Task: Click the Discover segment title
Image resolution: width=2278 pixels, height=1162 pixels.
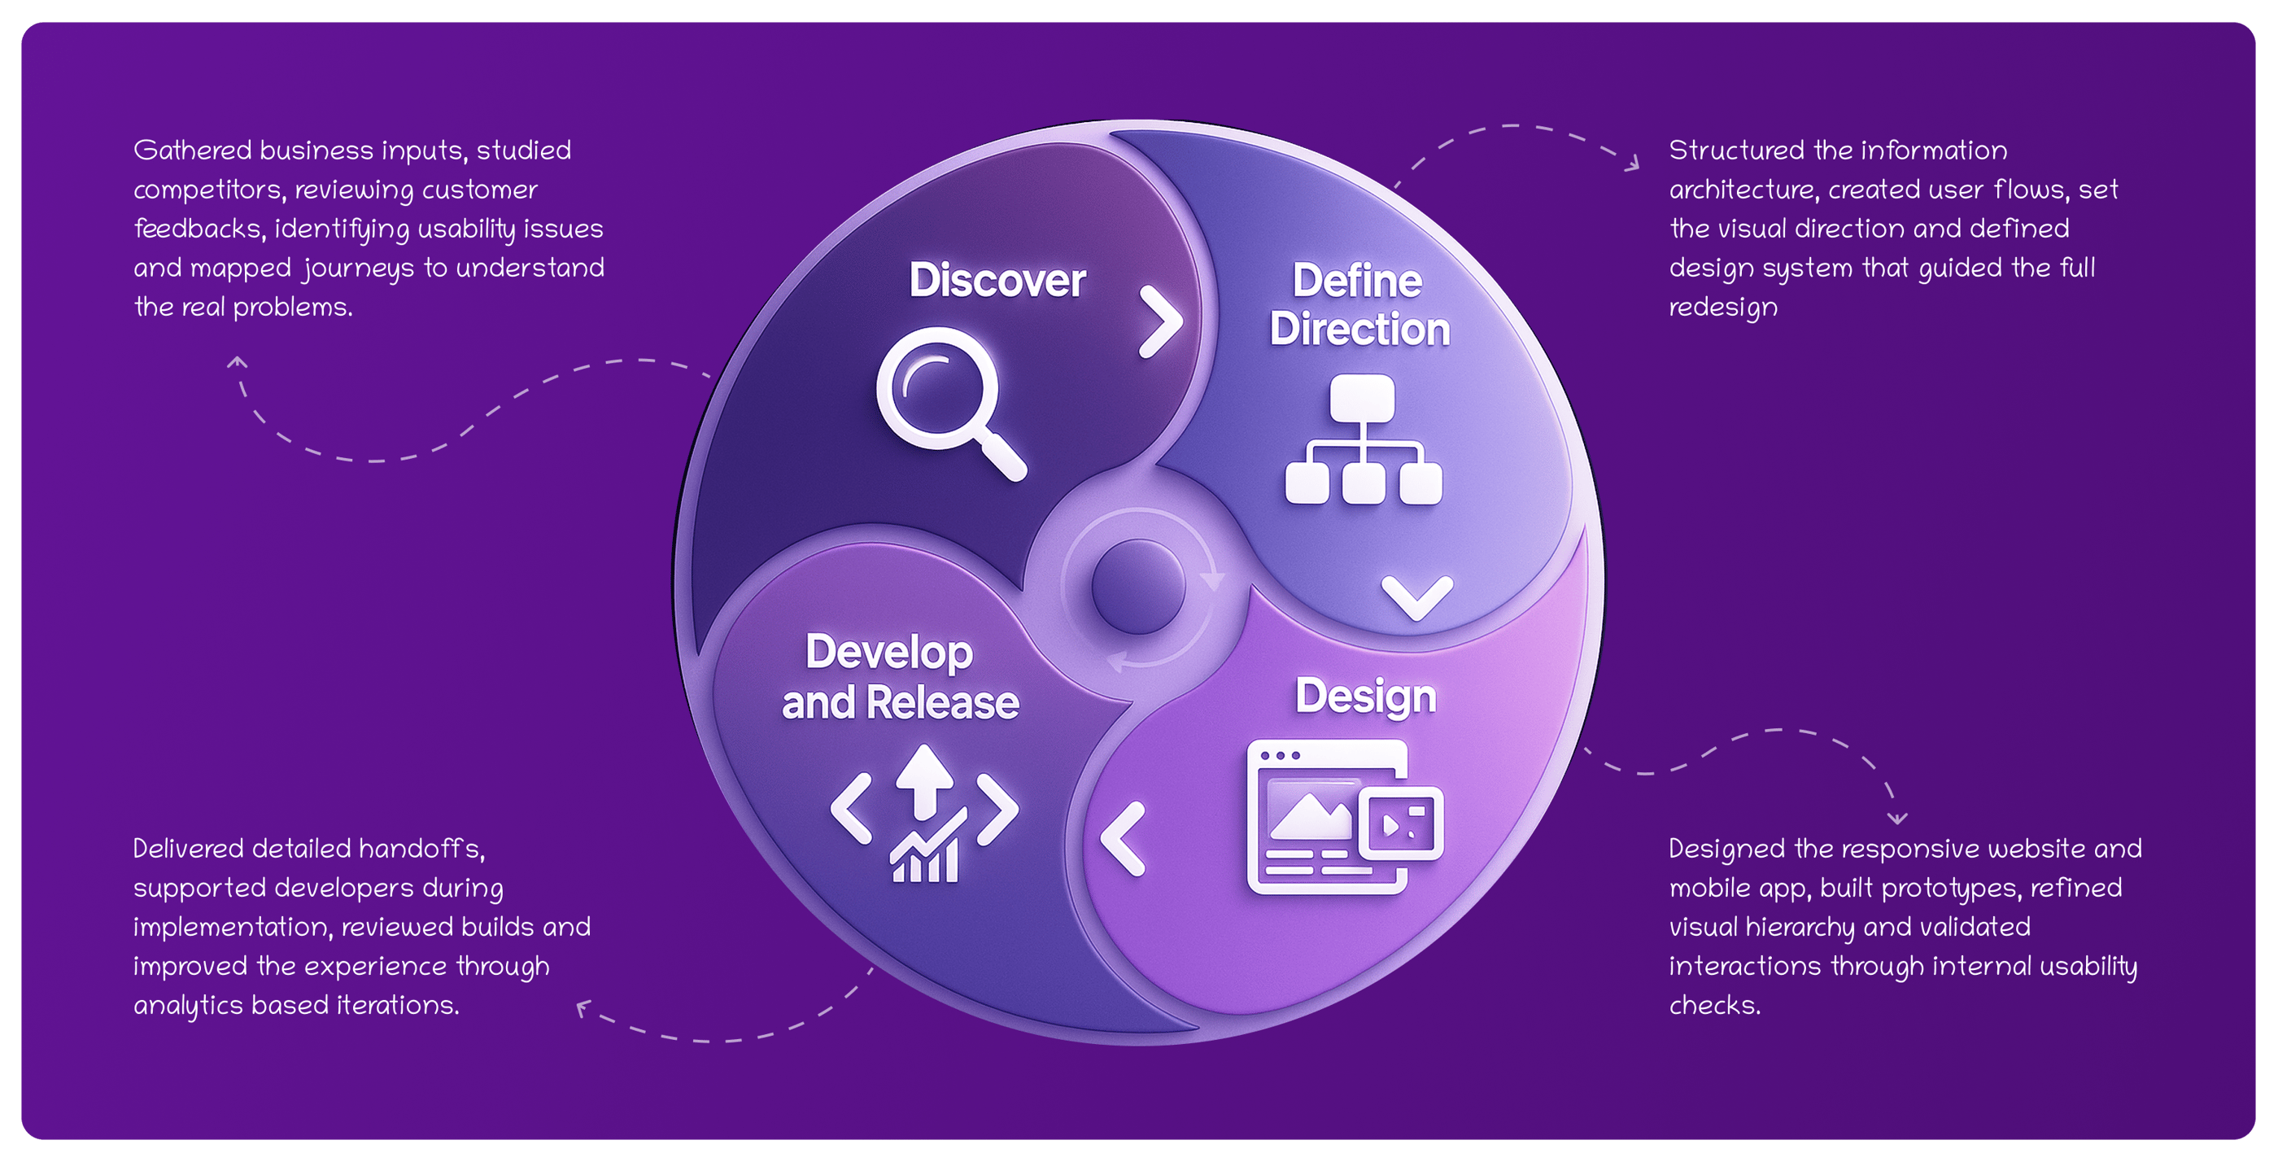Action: click(997, 281)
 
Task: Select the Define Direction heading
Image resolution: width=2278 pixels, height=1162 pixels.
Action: click(1359, 305)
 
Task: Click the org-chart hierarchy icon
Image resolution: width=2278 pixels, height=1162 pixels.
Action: click(1363, 439)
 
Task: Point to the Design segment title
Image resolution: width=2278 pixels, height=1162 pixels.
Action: click(1365, 696)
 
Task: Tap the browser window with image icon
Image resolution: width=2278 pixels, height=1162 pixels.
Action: click(1343, 817)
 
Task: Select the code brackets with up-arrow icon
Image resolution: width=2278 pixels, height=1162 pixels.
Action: click(924, 815)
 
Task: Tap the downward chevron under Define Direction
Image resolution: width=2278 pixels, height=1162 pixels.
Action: click(1416, 597)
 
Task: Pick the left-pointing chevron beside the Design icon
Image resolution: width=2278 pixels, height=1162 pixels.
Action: click(1124, 838)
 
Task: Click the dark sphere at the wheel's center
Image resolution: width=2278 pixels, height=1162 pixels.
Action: click(1138, 588)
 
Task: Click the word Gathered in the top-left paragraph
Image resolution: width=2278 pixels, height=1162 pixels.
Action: click(193, 151)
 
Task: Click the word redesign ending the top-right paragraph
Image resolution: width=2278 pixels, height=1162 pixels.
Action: click(1722, 308)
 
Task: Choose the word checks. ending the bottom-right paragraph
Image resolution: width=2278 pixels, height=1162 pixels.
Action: click(1714, 1006)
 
